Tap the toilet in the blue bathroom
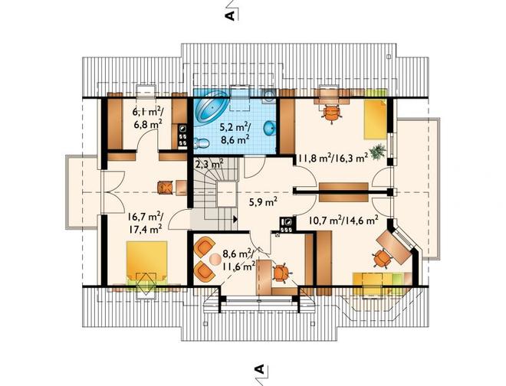click(x=201, y=142)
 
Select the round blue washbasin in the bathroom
click(x=269, y=129)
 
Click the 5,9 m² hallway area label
click(x=263, y=202)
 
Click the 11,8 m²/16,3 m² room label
click(x=333, y=159)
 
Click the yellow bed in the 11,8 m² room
click(x=376, y=119)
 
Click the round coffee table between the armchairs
click(x=215, y=259)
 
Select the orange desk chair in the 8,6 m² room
click(x=281, y=273)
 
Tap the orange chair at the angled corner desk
click(x=382, y=258)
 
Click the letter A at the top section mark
click(x=231, y=15)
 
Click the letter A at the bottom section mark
click(x=259, y=369)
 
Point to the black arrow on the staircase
click(x=235, y=219)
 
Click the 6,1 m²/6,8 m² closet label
click(x=147, y=117)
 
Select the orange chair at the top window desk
click(x=332, y=113)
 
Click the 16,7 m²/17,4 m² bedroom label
click(x=145, y=223)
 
